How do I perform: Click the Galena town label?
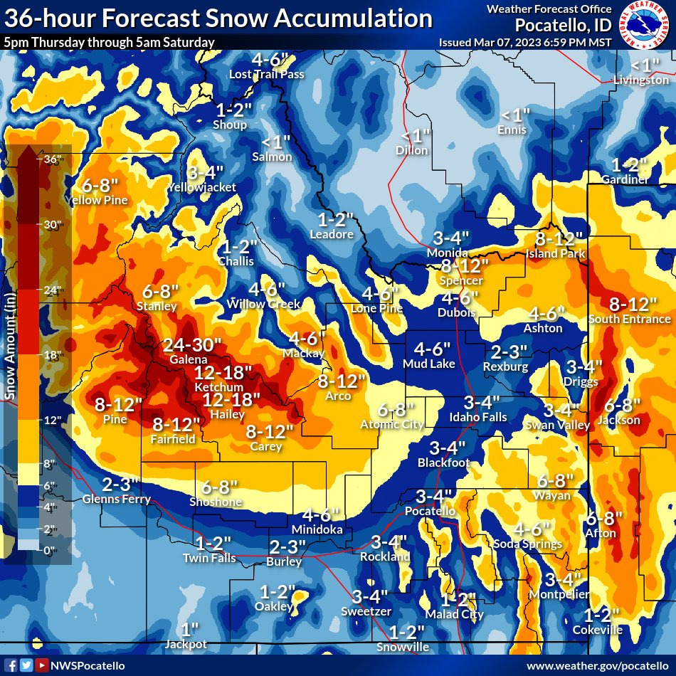[189, 360]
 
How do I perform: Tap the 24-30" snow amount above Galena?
[189, 345]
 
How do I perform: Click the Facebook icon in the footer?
[9, 665]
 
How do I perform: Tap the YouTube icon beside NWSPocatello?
[42, 665]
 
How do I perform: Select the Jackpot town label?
[186, 644]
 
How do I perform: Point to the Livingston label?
[641, 80]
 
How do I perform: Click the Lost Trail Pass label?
[266, 74]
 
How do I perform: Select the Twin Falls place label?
[209, 558]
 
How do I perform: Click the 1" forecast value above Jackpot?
[189, 630]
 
